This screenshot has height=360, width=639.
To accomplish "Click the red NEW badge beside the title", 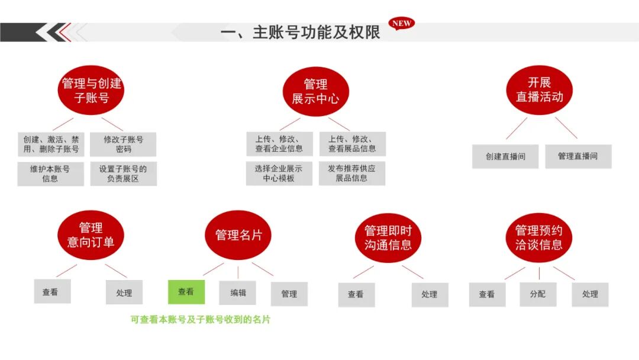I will [x=401, y=24].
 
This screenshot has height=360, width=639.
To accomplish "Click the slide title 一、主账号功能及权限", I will [x=300, y=33].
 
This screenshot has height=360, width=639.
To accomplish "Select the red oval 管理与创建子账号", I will [x=91, y=90].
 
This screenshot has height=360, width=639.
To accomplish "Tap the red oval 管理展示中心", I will [x=315, y=91].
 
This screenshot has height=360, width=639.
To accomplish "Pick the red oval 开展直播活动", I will [x=539, y=89].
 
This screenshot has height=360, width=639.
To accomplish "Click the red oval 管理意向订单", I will [x=91, y=234].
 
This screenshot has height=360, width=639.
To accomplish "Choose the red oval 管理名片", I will [x=238, y=235].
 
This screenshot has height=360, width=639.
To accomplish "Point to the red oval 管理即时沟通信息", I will [x=388, y=237].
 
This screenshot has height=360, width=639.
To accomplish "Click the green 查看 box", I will [x=186, y=292].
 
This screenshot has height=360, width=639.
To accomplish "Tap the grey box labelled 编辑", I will [x=238, y=292].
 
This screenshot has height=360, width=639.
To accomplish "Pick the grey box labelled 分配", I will [x=538, y=294].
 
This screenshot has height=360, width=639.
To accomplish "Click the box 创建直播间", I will [x=505, y=156].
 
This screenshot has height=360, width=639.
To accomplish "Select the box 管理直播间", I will [x=577, y=156].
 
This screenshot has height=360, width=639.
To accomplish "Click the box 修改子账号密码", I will [x=123, y=144].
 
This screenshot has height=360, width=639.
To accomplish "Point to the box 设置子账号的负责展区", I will [x=123, y=173].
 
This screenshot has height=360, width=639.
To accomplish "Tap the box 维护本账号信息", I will [x=50, y=173].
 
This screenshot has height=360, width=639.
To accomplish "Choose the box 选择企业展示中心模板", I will [x=279, y=173].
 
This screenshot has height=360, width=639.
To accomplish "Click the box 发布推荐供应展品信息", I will [x=351, y=173].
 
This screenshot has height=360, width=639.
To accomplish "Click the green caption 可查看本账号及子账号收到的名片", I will [x=201, y=320].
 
